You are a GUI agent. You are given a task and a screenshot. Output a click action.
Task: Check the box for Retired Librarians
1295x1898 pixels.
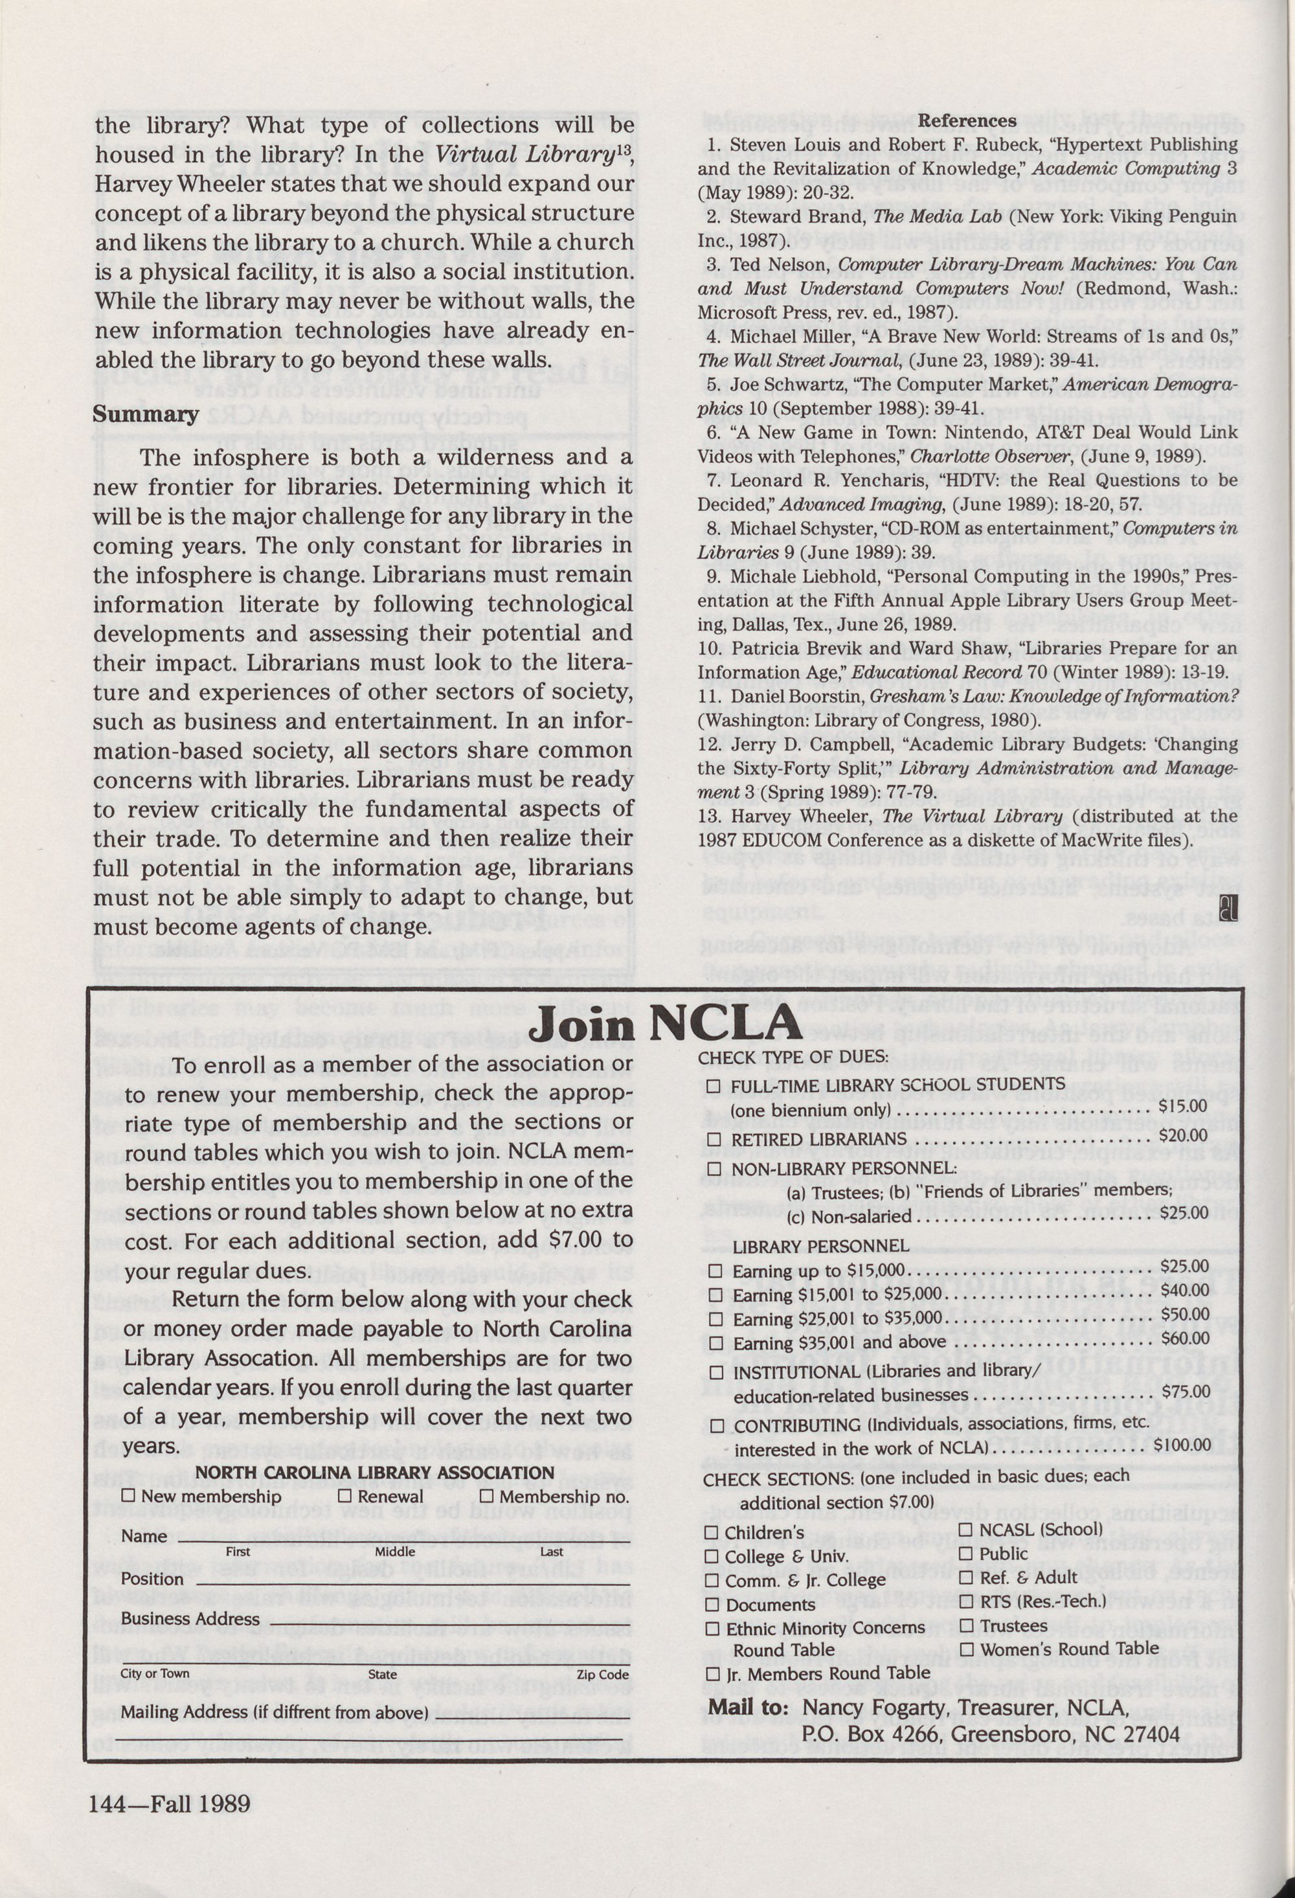pyautogui.click(x=714, y=1139)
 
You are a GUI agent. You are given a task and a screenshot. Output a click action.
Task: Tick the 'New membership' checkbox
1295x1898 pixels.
pyautogui.click(x=128, y=1495)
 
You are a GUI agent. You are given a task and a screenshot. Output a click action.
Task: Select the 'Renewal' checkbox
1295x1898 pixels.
pyautogui.click(x=344, y=1495)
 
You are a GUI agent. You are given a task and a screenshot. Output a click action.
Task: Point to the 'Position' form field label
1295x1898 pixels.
pyautogui.click(x=152, y=1579)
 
